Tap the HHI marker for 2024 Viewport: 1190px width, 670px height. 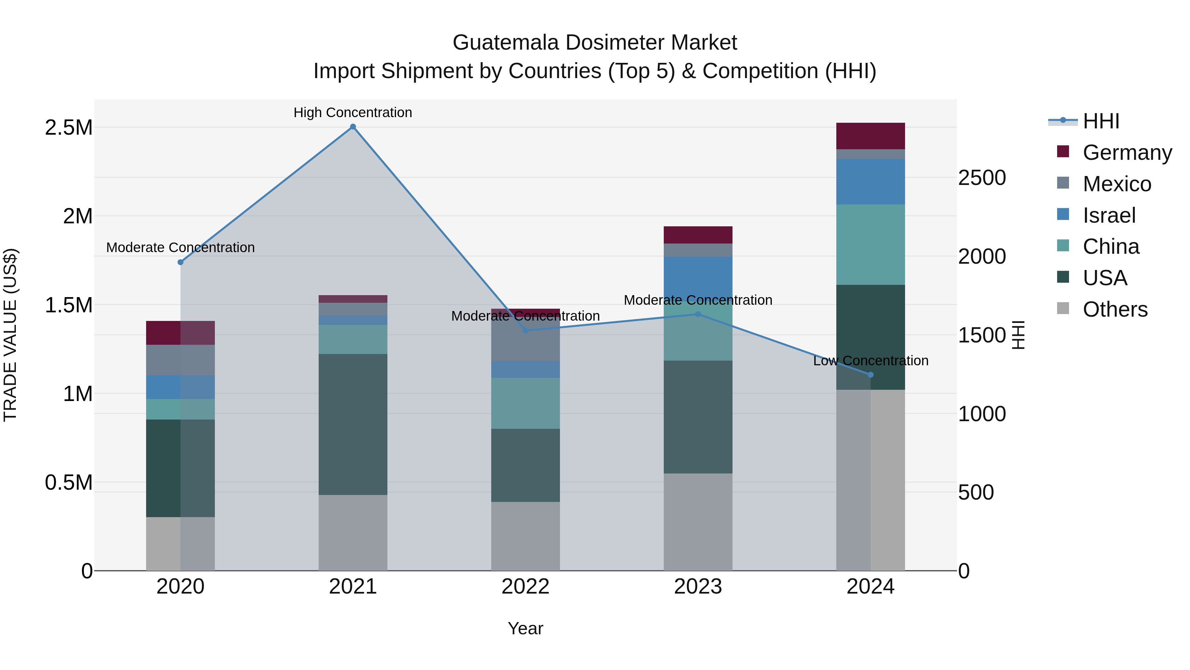[870, 375]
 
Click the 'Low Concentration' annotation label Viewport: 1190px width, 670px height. [870, 361]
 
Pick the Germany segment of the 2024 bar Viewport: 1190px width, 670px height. [870, 136]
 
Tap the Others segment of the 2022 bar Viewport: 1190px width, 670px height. [525, 536]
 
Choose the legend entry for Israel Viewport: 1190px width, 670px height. [1109, 215]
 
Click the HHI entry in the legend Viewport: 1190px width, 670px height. [1100, 121]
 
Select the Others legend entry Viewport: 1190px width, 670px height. [1114, 309]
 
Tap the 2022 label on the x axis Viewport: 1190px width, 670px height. [525, 587]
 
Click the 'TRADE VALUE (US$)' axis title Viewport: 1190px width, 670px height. [10, 335]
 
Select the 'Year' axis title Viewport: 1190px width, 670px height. [525, 628]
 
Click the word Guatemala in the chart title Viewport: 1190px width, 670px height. [505, 43]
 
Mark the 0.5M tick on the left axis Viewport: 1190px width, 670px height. [68, 482]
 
